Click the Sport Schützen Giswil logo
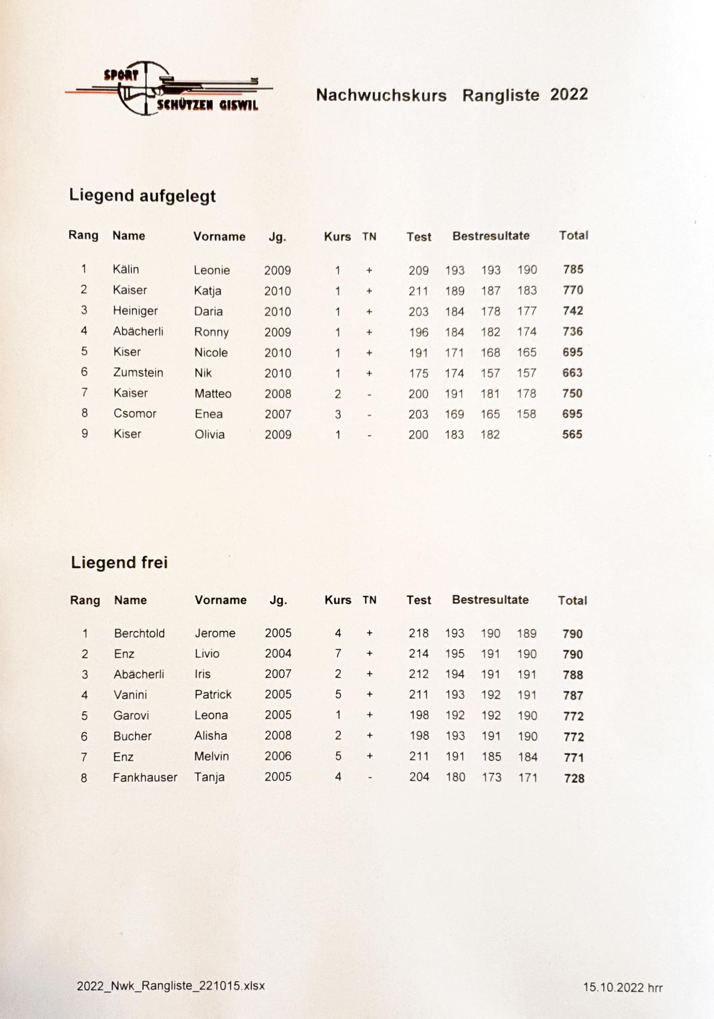pyautogui.click(x=169, y=89)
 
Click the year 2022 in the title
pyautogui.click(x=569, y=94)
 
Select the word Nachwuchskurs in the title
pyautogui.click(x=381, y=95)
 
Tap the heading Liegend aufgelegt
pyautogui.click(x=142, y=196)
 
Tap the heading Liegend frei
pyautogui.click(x=119, y=563)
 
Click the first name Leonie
pyautogui.click(x=212, y=270)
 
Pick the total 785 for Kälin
pyautogui.click(x=573, y=270)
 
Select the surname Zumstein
pyautogui.click(x=138, y=373)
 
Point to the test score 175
pyautogui.click(x=418, y=374)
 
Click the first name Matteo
pyautogui.click(x=213, y=394)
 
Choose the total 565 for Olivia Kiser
pyautogui.click(x=572, y=435)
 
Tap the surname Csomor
pyautogui.click(x=135, y=414)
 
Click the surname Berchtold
pyautogui.click(x=139, y=633)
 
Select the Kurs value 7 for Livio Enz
pyautogui.click(x=338, y=654)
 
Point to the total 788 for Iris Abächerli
pyautogui.click(x=573, y=675)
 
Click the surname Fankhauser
pyautogui.click(x=145, y=777)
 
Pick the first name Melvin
pyautogui.click(x=212, y=756)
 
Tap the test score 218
pyautogui.click(x=418, y=633)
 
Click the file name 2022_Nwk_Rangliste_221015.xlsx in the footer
pyautogui.click(x=171, y=986)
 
